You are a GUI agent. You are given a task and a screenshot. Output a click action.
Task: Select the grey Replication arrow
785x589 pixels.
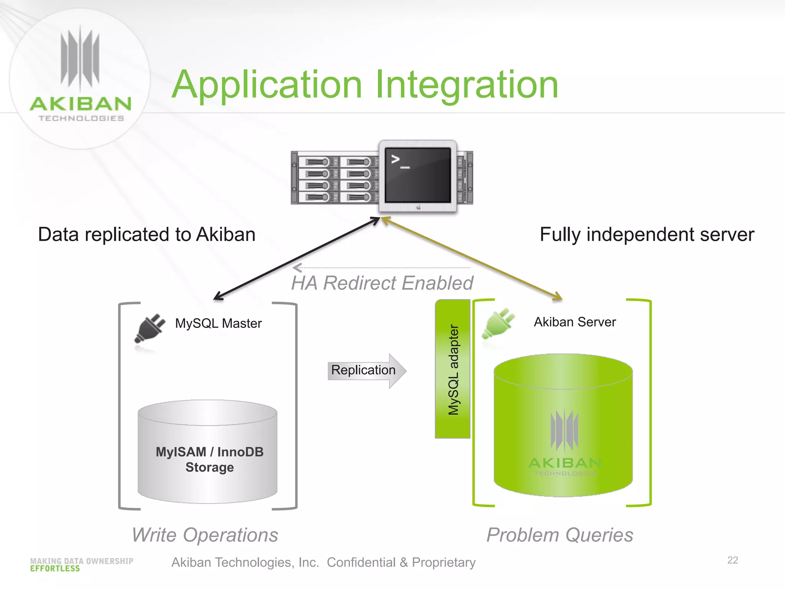pyautogui.click(x=366, y=370)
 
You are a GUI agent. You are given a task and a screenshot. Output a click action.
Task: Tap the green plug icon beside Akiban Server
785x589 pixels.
pyautogui.click(x=498, y=324)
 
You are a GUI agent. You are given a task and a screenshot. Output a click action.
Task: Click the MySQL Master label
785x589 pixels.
pyautogui.click(x=218, y=323)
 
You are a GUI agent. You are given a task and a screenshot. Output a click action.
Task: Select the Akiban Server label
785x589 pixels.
pyautogui.click(x=575, y=322)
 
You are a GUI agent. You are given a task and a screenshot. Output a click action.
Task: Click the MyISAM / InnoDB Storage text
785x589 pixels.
pyautogui.click(x=209, y=459)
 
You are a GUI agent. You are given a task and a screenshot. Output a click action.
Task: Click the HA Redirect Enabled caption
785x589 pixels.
pyautogui.click(x=382, y=283)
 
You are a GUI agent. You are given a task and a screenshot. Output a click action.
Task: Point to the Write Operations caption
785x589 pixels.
pyautogui.click(x=205, y=535)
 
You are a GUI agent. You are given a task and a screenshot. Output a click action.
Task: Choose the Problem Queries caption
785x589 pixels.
pyautogui.click(x=559, y=535)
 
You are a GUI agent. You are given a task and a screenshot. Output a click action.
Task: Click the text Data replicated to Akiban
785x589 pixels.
pyautogui.click(x=147, y=234)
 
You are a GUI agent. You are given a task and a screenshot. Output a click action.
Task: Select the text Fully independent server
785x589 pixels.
pyautogui.click(x=647, y=234)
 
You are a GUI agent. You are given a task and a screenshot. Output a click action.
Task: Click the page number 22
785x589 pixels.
pyautogui.click(x=732, y=560)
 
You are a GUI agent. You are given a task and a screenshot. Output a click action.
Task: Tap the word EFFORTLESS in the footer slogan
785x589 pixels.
pyautogui.click(x=55, y=569)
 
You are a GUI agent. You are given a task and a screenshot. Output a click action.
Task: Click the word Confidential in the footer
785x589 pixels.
pyautogui.click(x=361, y=563)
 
